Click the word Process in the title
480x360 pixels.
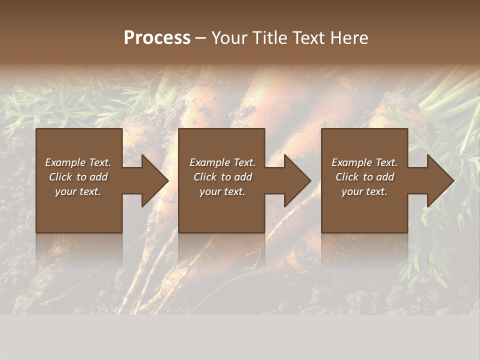(157, 38)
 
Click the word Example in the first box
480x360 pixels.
(65, 162)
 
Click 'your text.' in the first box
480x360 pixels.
(78, 191)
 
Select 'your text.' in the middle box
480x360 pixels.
(222, 191)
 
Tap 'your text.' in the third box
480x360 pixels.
(364, 191)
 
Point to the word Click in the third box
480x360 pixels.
(347, 177)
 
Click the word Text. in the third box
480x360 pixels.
(386, 162)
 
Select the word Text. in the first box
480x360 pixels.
(99, 162)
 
